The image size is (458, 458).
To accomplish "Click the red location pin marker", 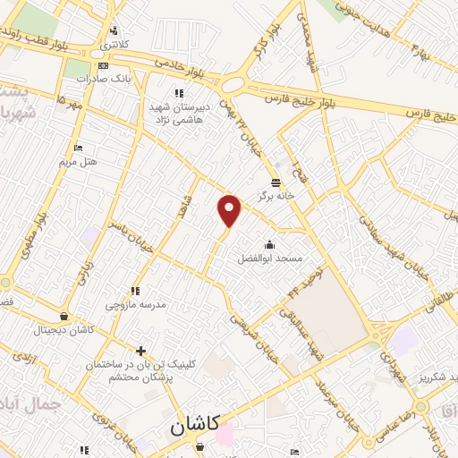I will pos(230,210).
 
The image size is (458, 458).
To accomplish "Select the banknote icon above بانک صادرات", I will pos(104,65).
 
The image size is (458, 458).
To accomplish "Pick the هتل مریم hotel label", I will pos(78,161).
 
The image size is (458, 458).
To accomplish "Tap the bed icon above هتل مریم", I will pos(78,148).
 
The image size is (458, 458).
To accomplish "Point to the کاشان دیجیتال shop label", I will pos(63,330).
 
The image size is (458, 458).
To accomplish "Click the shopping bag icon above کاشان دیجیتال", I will pos(63,317).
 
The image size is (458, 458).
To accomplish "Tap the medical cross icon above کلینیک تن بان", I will pos(140,350).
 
